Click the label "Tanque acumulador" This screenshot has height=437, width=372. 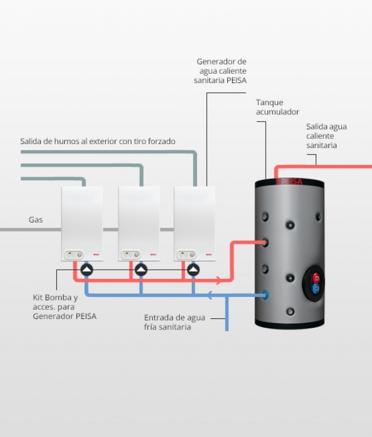click(277, 107)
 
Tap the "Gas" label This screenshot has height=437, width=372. click(35, 220)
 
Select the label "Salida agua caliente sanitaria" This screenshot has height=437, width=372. click(326, 135)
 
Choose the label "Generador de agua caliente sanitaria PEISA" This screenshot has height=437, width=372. click(221, 71)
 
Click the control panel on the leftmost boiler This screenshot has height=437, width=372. click(73, 255)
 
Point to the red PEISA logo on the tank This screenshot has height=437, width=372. click(289, 182)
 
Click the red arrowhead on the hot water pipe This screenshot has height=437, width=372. click(219, 280)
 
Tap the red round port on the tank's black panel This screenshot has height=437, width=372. click(316, 277)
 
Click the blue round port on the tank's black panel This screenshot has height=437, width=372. click(316, 288)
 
